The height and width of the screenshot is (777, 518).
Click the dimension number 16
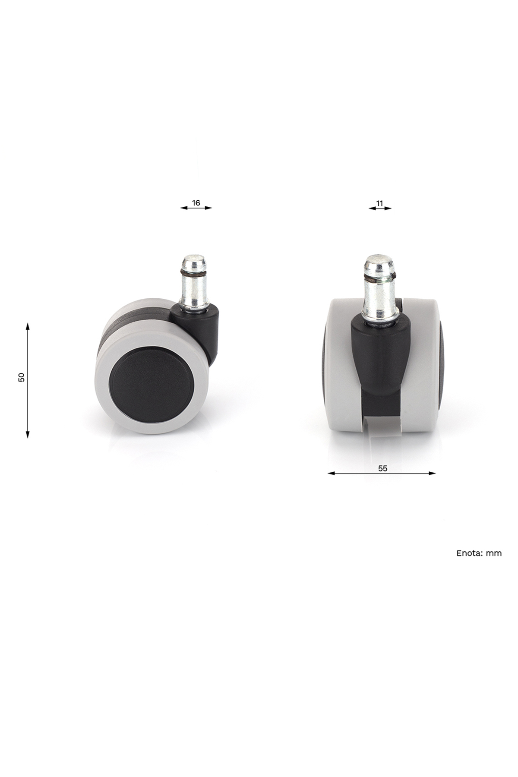(x=196, y=202)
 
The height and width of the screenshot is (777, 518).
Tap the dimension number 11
(x=380, y=202)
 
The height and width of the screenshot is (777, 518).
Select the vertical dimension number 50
(x=22, y=377)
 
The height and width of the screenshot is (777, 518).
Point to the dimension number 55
(x=382, y=468)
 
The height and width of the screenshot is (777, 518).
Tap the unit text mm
(x=494, y=553)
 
